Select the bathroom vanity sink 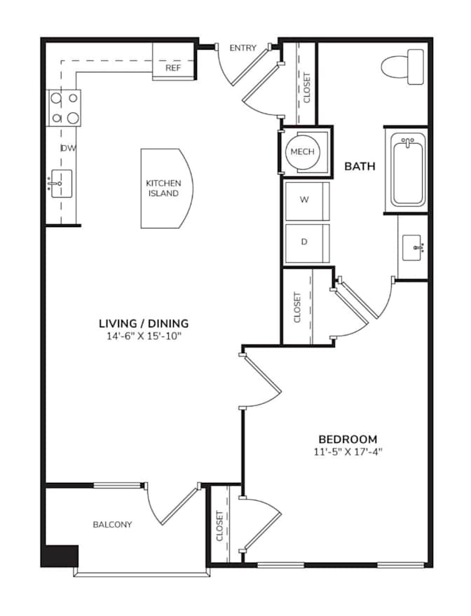pos(412,247)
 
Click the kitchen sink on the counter pos(61,184)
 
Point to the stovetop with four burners pos(64,108)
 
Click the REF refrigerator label pos(173,68)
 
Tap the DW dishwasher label pos(69,148)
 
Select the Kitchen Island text pos(163,189)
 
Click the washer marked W pos(307,200)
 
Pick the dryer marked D pos(307,243)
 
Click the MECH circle pos(303,151)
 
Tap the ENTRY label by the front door pos(243,48)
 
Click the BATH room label pos(360,166)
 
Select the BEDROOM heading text pos(348,439)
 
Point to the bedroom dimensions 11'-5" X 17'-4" pos(348,452)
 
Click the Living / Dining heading pos(144,323)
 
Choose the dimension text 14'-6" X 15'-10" pos(144,336)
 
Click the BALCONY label pos(112,524)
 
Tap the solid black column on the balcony pos(60,556)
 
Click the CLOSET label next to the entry pos(307,88)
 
